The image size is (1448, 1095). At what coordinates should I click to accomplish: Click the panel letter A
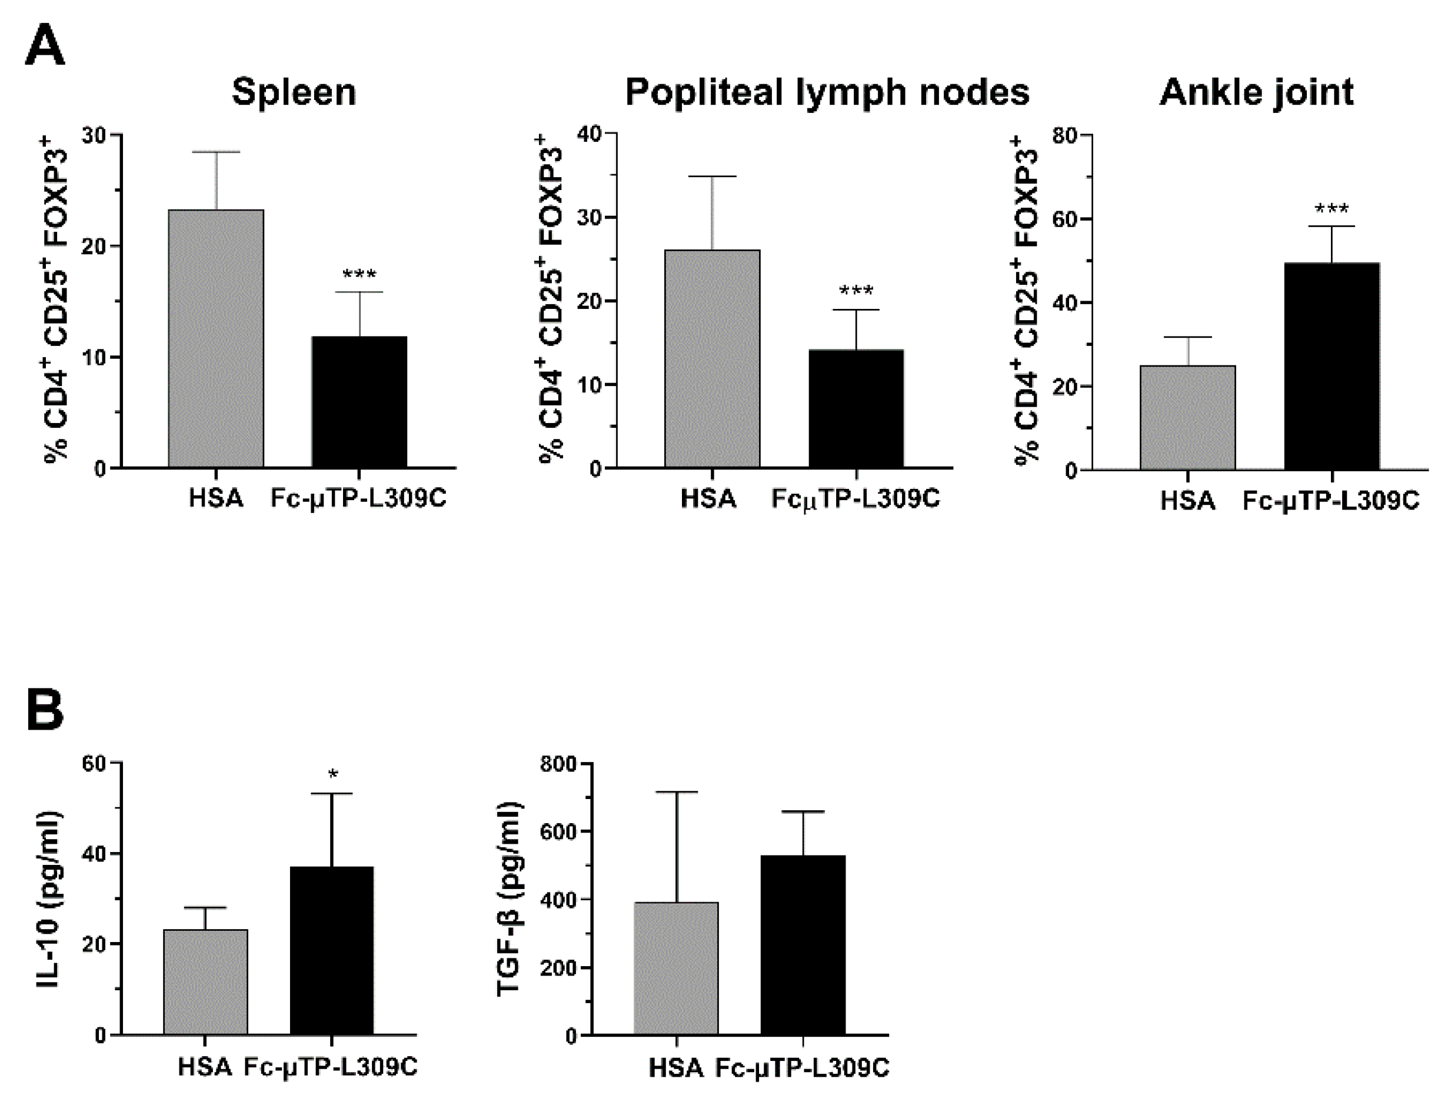click(x=45, y=45)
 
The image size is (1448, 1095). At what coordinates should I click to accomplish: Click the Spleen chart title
click(x=294, y=92)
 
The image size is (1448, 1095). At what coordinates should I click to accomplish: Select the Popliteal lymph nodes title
click(x=827, y=92)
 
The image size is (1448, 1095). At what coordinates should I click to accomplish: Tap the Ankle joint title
click(x=1256, y=92)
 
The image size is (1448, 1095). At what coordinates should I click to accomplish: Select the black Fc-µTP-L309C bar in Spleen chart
click(x=359, y=402)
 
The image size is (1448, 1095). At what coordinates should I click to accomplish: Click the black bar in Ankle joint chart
click(x=1332, y=366)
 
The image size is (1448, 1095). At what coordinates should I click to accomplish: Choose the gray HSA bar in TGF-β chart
click(x=676, y=968)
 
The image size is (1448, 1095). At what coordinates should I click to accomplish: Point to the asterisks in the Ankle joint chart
click(x=1332, y=210)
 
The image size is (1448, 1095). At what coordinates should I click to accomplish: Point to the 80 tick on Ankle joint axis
click(x=1064, y=135)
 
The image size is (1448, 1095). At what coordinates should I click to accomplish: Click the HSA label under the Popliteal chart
click(x=708, y=499)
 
